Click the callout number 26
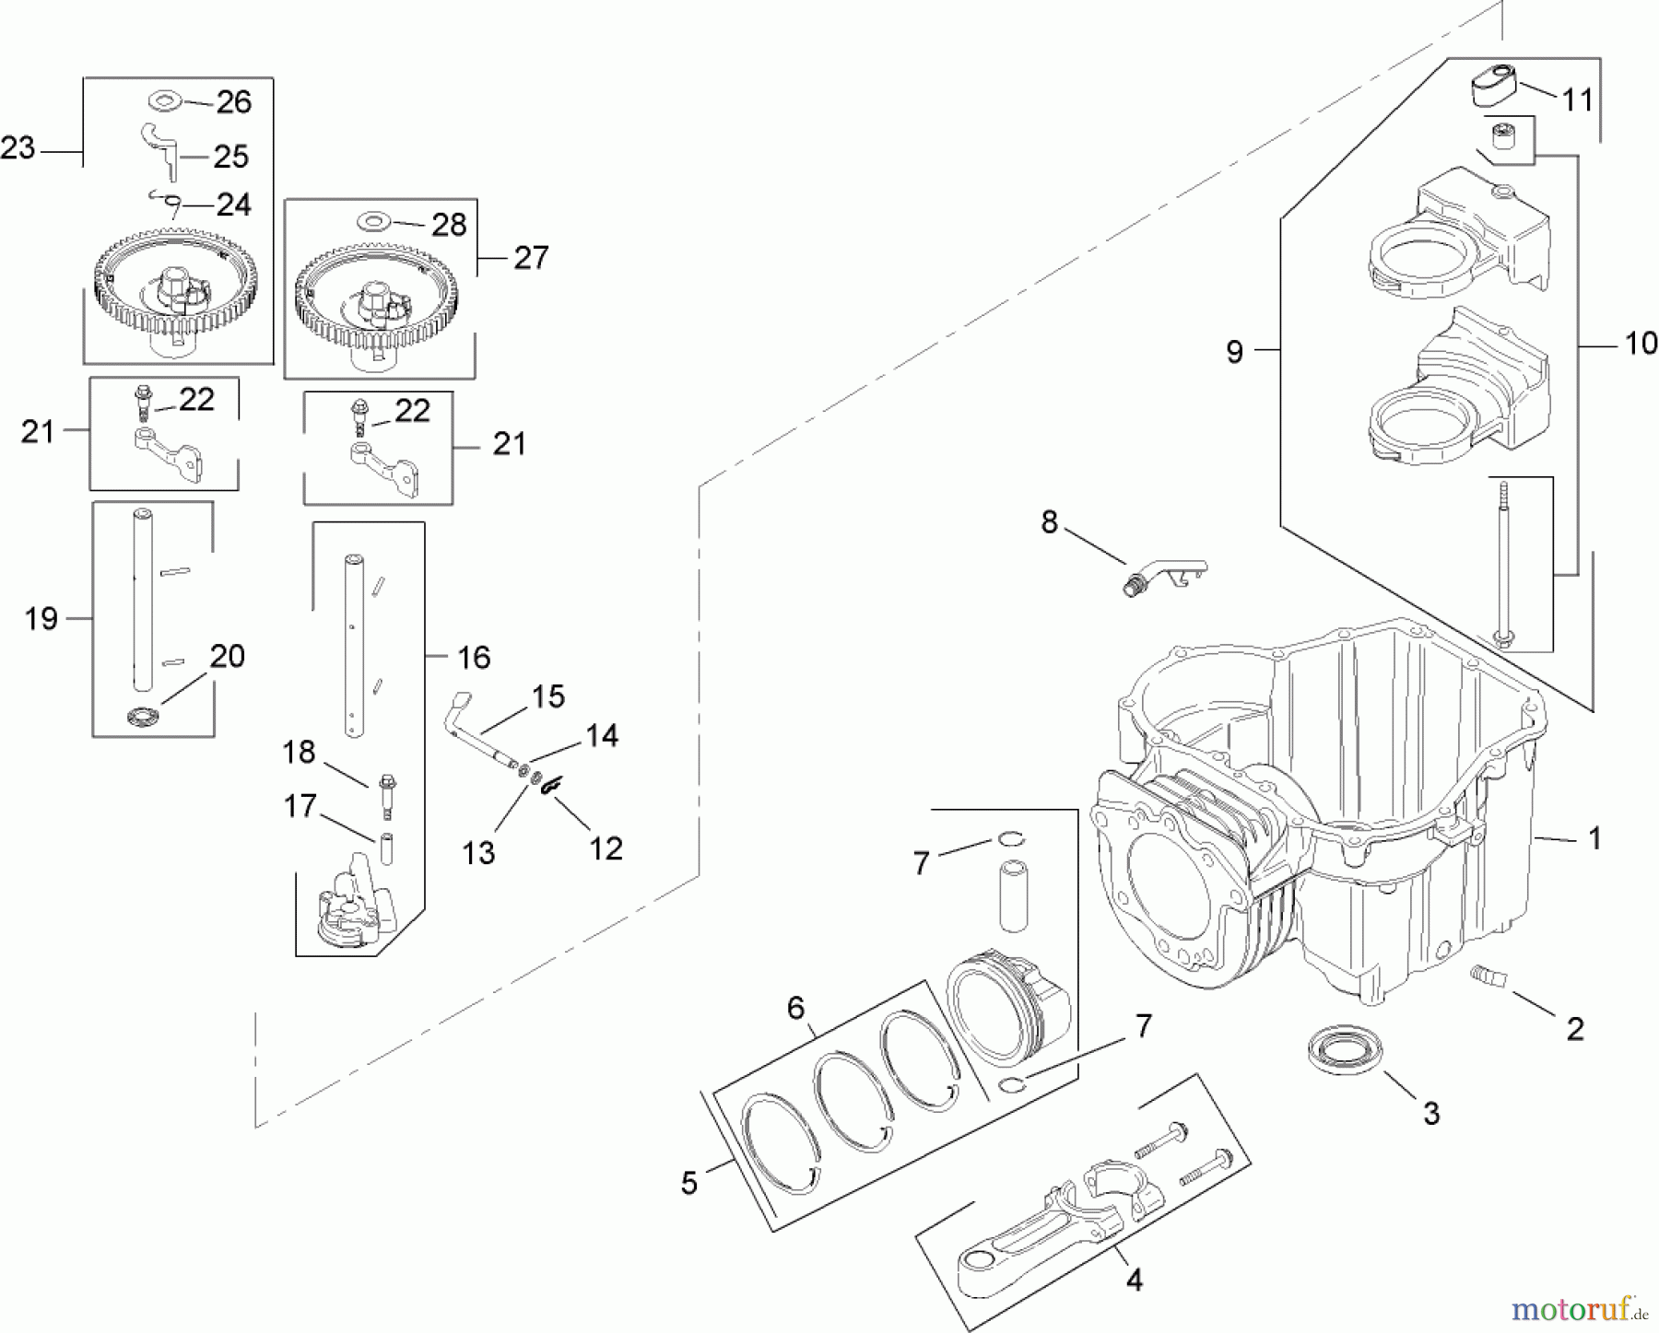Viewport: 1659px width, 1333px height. [x=233, y=101]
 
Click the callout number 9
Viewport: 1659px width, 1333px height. [x=1235, y=351]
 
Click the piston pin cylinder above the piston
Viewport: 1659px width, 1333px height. [x=1015, y=895]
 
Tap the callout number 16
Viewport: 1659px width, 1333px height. [x=475, y=657]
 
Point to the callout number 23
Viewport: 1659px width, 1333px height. [x=18, y=147]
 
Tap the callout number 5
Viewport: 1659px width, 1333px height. [x=689, y=1184]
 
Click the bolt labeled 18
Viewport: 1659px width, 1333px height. [x=386, y=796]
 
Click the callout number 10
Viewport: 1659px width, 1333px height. [x=1641, y=344]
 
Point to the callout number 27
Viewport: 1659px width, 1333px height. [x=531, y=257]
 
